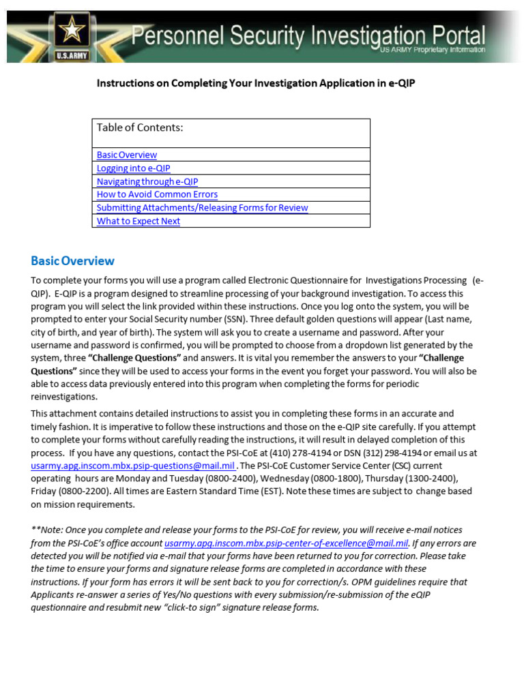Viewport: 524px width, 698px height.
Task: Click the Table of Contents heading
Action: [x=140, y=127]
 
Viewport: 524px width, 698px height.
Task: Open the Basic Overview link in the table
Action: [x=127, y=155]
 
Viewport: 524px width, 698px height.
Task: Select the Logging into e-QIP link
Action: [x=134, y=168]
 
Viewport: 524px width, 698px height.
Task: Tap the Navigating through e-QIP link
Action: [x=147, y=181]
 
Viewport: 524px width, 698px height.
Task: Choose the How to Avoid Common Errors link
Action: [x=157, y=194]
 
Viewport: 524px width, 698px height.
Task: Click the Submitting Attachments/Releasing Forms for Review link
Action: [x=202, y=208]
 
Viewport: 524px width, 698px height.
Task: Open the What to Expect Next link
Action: [x=139, y=221]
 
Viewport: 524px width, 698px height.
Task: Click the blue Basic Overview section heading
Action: [x=73, y=261]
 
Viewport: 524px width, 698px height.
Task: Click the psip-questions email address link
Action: [x=133, y=466]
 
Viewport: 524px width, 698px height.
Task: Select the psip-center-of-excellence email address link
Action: [x=286, y=543]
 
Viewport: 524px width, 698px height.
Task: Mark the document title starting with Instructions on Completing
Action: [x=256, y=83]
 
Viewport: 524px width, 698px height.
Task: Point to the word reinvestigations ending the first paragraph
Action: [x=64, y=397]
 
